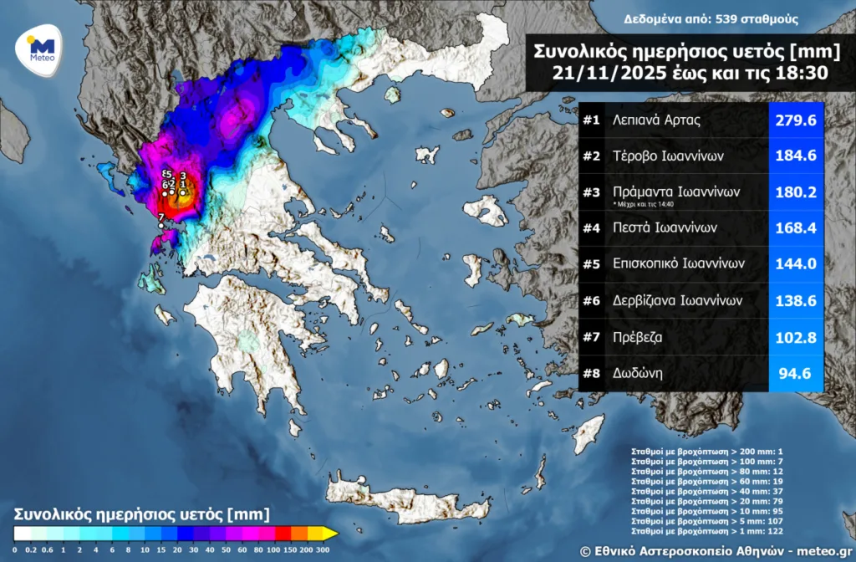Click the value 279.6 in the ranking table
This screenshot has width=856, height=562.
[797, 120]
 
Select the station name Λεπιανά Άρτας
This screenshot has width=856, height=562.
[656, 120]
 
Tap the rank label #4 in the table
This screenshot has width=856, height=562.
[592, 227]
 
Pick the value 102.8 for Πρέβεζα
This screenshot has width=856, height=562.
[797, 336]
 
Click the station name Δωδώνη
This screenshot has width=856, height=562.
[638, 373]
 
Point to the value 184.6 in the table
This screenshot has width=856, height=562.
[797, 156]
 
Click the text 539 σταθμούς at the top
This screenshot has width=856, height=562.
[757, 18]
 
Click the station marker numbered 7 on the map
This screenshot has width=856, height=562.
[160, 225]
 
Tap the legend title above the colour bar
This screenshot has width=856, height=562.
[142, 513]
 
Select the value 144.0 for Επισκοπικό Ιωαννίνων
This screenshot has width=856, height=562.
[797, 263]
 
